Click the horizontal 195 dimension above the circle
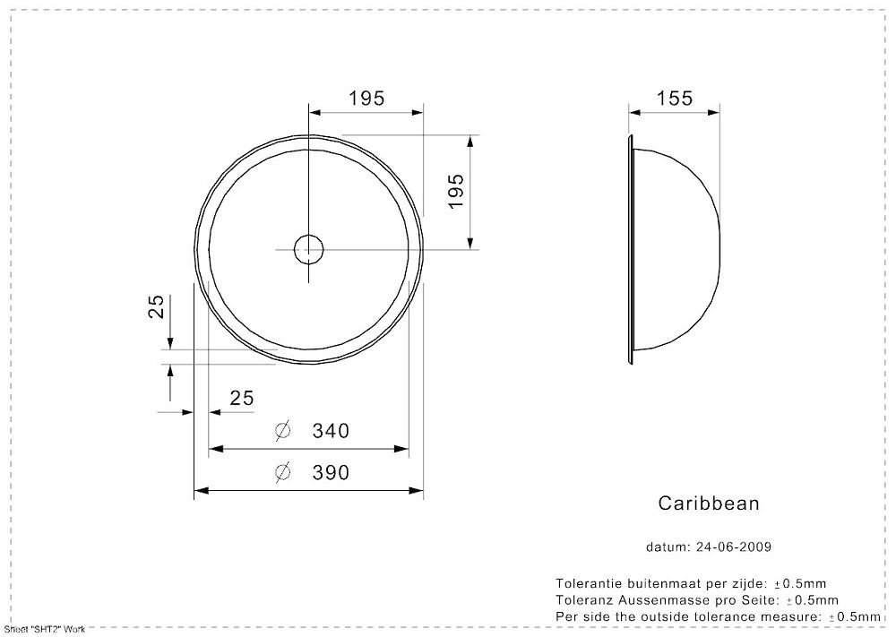[x=366, y=99]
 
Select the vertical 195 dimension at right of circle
[x=455, y=192]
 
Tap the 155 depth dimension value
[x=675, y=99]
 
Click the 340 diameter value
[x=331, y=430]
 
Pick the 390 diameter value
[x=331, y=472]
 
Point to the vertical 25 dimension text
[x=156, y=306]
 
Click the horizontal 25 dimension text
[x=242, y=398]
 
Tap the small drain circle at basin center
[x=308, y=249]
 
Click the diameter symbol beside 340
[x=282, y=430]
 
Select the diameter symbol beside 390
[x=282, y=472]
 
